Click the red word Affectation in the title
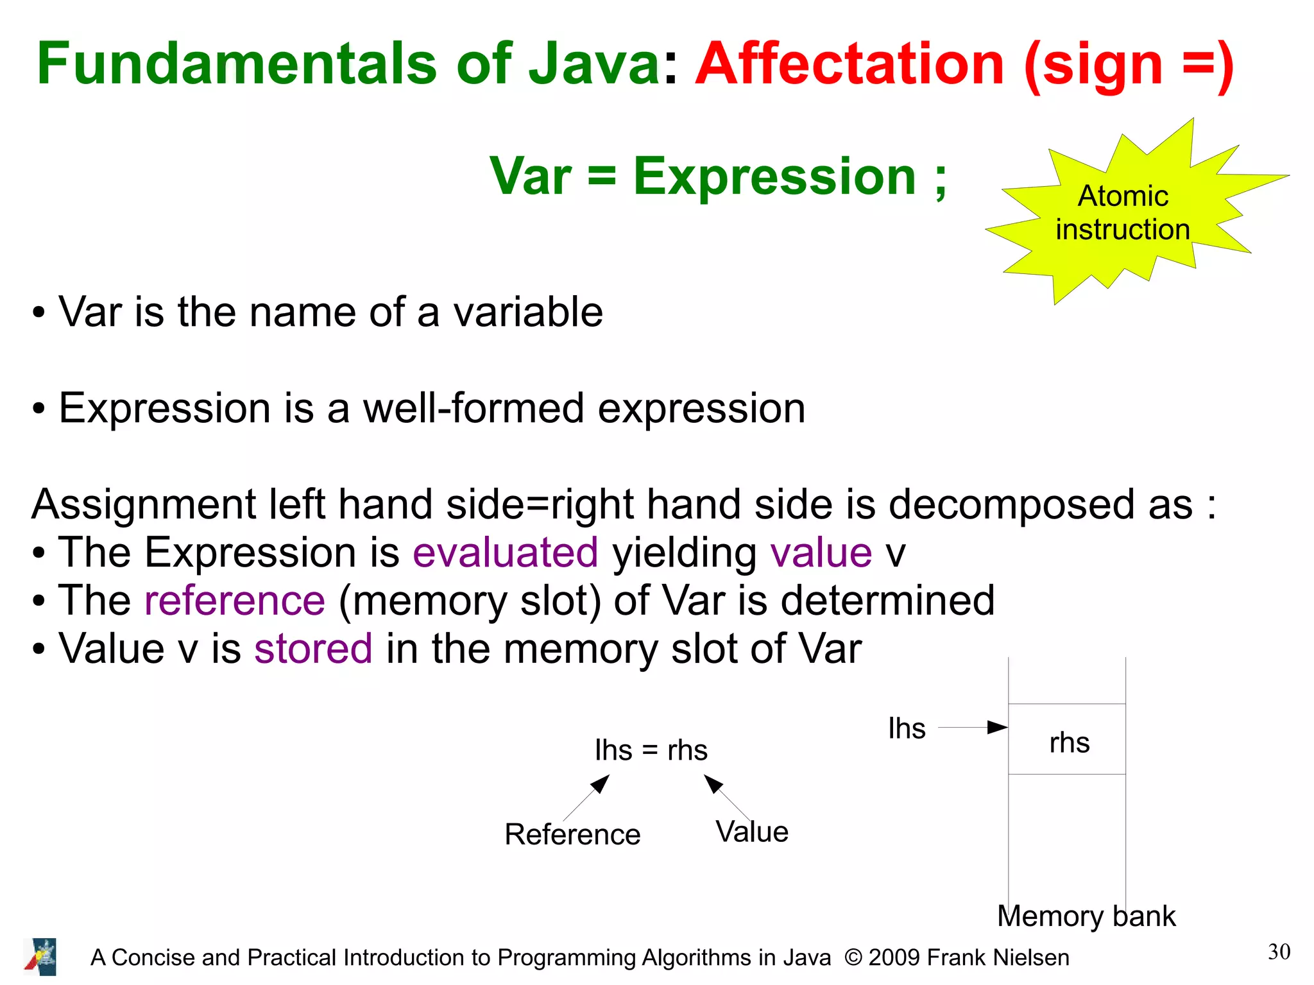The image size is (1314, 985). click(x=849, y=64)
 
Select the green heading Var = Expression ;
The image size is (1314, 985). click(x=718, y=176)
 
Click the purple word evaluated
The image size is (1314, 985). click(x=506, y=552)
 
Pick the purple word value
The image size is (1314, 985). click(x=821, y=552)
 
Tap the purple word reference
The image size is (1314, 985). click(x=235, y=601)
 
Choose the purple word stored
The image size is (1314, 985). click(x=313, y=649)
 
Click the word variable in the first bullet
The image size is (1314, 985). click(x=528, y=313)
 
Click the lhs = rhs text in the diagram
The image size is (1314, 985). click(x=651, y=750)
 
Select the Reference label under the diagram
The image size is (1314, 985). click(x=572, y=835)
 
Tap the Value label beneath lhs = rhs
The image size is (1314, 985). click(x=752, y=832)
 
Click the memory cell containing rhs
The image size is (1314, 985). click(x=1067, y=740)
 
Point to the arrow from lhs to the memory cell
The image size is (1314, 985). click(x=972, y=728)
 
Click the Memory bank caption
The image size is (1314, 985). click(x=1086, y=916)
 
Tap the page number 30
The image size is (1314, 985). click(x=1279, y=952)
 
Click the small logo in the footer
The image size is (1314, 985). click(x=41, y=957)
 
